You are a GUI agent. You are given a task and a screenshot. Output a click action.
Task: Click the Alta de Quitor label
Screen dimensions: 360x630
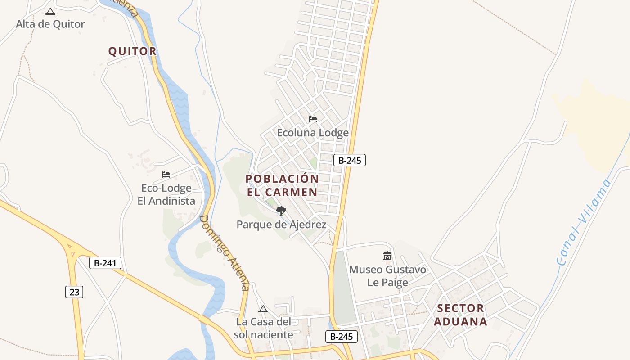(50, 24)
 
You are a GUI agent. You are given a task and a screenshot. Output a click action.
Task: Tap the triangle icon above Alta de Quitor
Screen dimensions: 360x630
(50, 11)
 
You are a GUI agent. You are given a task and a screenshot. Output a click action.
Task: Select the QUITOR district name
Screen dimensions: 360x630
(132, 51)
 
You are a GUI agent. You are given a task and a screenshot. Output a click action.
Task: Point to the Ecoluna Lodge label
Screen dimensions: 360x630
(313, 133)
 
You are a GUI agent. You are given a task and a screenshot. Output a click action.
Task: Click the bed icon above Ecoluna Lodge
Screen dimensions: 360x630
(313, 119)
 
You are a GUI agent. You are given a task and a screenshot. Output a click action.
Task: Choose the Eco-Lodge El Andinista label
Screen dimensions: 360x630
(166, 194)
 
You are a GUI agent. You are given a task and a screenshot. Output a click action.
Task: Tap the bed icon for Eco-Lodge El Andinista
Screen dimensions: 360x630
(166, 174)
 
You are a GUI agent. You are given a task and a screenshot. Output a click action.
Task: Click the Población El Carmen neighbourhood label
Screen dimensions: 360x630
(282, 185)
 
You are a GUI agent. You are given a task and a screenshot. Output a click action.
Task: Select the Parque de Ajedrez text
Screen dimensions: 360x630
(281, 224)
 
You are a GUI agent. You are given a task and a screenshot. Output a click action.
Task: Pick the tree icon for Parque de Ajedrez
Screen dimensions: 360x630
(281, 211)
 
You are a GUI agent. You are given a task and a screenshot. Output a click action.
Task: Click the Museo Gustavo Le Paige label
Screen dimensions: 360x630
(387, 276)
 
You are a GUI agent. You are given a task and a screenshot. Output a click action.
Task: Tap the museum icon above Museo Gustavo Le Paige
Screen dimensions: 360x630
(387, 256)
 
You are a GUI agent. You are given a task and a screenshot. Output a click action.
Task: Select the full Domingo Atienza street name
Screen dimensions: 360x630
(224, 253)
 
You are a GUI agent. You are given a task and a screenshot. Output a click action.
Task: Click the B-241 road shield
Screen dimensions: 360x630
(105, 263)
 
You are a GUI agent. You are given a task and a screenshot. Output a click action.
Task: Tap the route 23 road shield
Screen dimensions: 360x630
(74, 292)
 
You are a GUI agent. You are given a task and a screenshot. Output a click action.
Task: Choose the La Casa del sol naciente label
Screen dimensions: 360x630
(264, 328)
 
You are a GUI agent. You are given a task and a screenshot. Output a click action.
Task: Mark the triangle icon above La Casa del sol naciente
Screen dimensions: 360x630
(263, 309)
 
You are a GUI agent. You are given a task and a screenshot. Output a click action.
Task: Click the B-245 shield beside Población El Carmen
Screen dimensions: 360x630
(350, 160)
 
